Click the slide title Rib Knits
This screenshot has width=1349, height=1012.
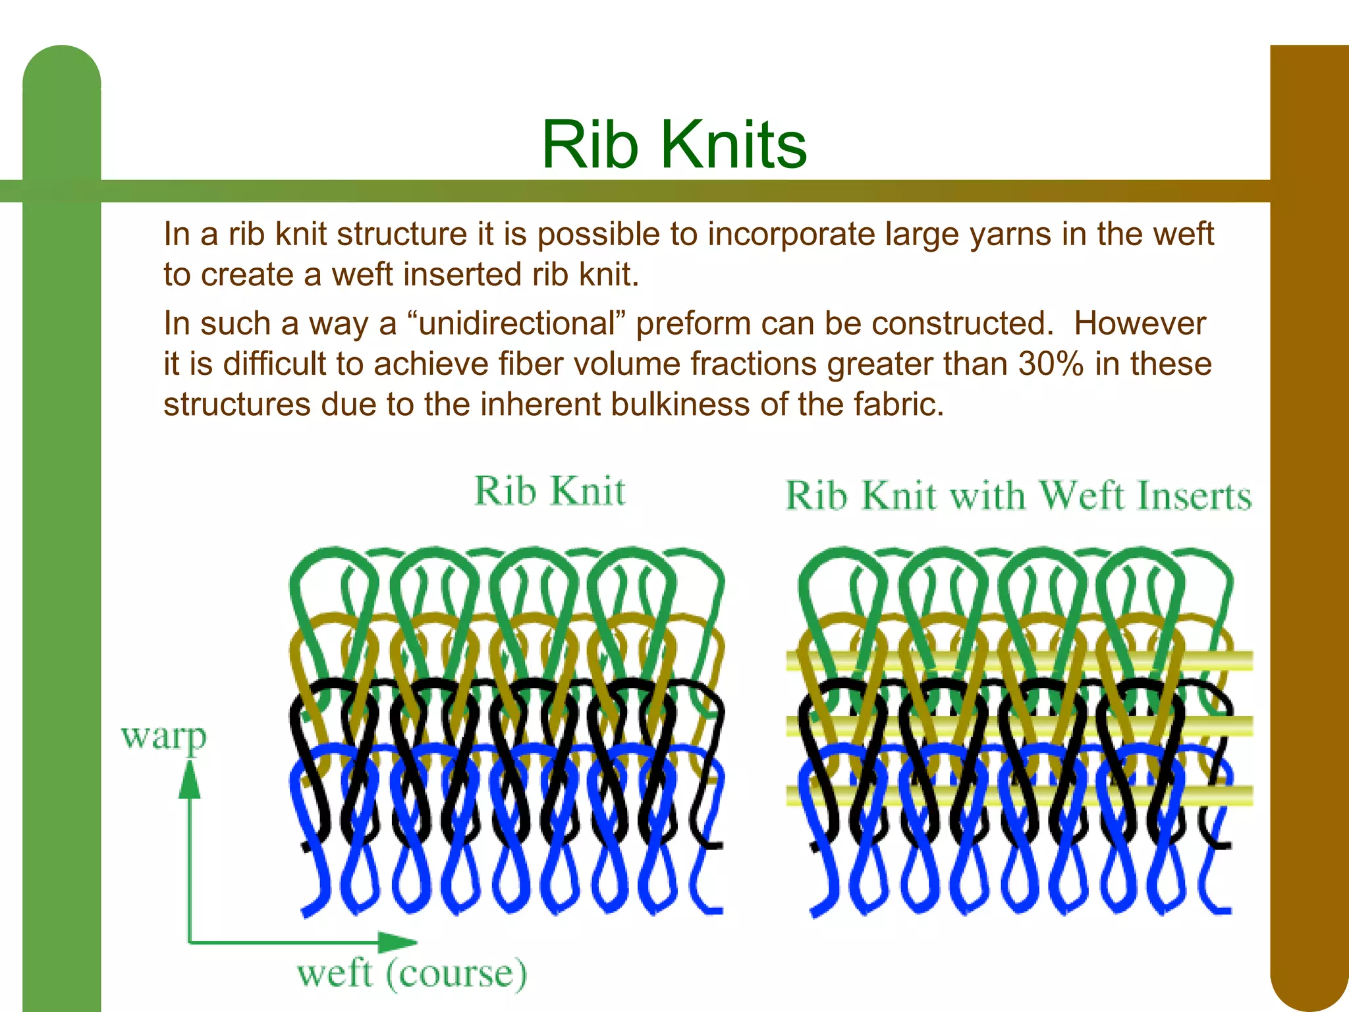pyautogui.click(x=674, y=145)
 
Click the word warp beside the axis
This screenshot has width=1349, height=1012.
pyautogui.click(x=163, y=737)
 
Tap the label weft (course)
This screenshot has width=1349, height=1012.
pyautogui.click(x=412, y=974)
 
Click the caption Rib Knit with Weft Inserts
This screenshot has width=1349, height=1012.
pyautogui.click(x=1018, y=496)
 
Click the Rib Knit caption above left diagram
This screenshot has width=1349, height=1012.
pyautogui.click(x=549, y=492)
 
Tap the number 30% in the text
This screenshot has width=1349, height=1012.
pyautogui.click(x=1050, y=364)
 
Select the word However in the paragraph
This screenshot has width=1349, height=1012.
pyautogui.click(x=1140, y=324)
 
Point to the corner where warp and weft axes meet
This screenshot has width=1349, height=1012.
pyautogui.click(x=190, y=942)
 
